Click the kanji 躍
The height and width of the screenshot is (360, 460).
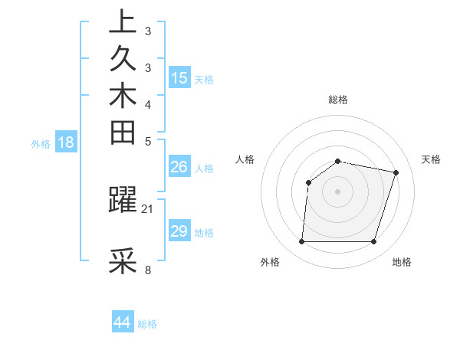(x=123, y=200)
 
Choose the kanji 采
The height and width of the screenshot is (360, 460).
(x=123, y=261)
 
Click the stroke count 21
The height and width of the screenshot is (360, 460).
(x=148, y=208)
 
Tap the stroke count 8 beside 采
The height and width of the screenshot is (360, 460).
(x=148, y=270)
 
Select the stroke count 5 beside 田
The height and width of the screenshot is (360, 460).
(x=148, y=141)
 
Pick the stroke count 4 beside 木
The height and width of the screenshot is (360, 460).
(x=148, y=104)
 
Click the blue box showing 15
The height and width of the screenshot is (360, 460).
(x=179, y=77)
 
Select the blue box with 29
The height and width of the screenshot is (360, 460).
(x=179, y=231)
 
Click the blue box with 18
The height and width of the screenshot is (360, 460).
(x=66, y=142)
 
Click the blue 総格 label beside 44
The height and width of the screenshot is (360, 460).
(x=147, y=324)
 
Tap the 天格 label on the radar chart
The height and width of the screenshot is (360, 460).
(x=431, y=159)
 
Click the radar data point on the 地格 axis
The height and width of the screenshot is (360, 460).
(x=373, y=242)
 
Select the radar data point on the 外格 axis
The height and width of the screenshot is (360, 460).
(x=301, y=242)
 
